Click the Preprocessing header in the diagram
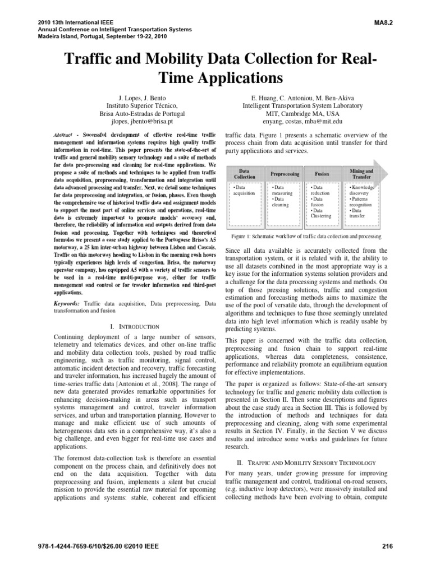click(x=286, y=174)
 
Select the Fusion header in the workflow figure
click(x=322, y=174)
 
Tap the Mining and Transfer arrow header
click(x=361, y=174)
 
